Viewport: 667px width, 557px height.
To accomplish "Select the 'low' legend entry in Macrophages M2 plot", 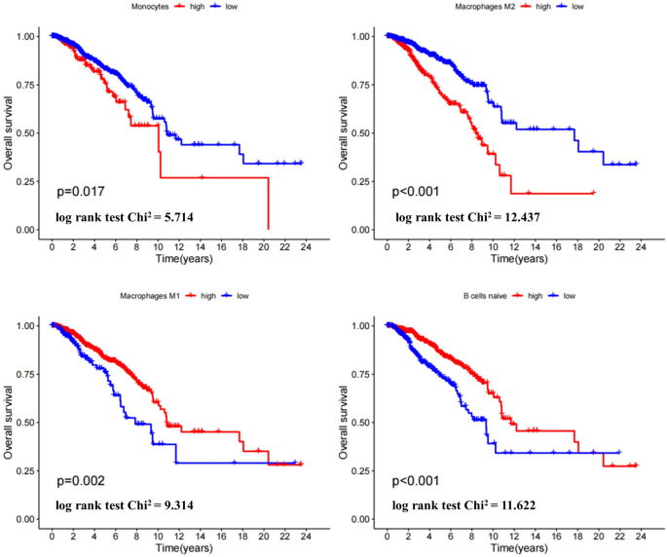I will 577,7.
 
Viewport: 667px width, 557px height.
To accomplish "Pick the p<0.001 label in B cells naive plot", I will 416,481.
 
